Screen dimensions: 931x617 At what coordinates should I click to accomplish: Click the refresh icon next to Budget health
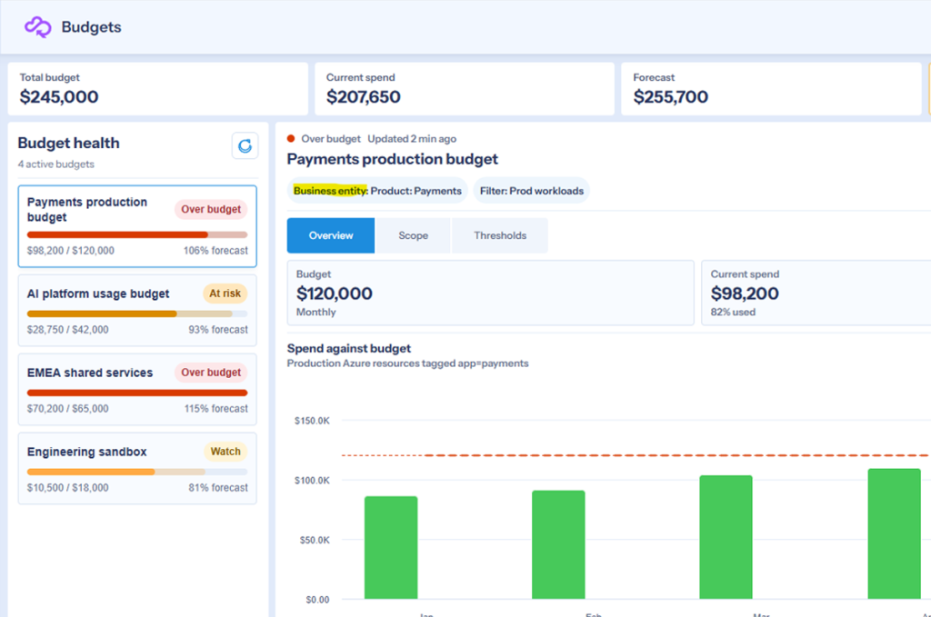[245, 145]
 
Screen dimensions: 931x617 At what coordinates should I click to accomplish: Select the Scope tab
[414, 235]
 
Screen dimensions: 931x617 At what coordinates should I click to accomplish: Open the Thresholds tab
[500, 235]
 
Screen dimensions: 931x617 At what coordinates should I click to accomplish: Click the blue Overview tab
[331, 235]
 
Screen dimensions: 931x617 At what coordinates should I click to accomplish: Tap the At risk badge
[225, 294]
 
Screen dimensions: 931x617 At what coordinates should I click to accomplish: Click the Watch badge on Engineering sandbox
[225, 452]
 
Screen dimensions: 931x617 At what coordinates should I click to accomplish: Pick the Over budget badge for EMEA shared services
[211, 373]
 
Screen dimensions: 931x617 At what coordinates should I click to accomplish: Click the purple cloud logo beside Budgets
[37, 27]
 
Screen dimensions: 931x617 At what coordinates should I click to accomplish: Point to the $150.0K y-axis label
[312, 421]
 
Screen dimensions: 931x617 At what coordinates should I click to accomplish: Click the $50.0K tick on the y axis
[314, 540]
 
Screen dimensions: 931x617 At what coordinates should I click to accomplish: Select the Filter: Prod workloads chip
[531, 191]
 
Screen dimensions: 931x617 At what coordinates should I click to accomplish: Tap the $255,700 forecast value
[670, 96]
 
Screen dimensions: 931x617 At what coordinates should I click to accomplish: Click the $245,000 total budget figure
[59, 96]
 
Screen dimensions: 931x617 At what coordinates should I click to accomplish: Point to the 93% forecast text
[218, 329]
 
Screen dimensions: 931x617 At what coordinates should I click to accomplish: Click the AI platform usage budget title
[98, 294]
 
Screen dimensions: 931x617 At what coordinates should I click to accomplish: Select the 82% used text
[733, 312]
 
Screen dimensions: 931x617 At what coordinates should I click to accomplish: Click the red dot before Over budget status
[291, 139]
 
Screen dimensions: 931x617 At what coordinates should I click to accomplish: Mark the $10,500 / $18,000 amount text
[67, 488]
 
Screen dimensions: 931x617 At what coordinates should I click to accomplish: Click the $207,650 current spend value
[364, 96]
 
